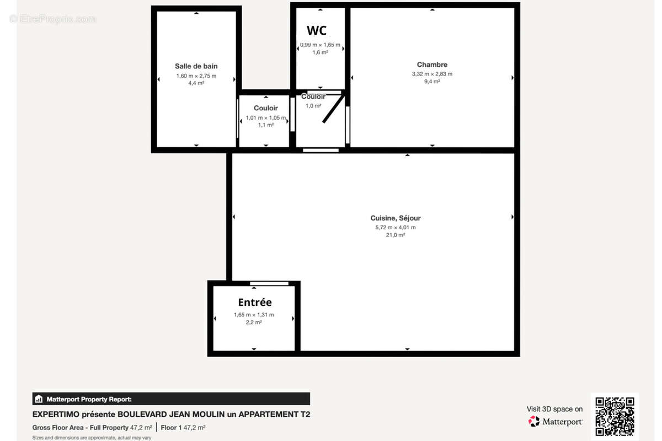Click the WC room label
click(x=317, y=30)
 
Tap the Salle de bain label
click(x=196, y=66)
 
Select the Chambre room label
click(x=432, y=64)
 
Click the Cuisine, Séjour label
click(x=395, y=218)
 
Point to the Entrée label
click(x=255, y=302)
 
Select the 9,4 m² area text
click(x=432, y=82)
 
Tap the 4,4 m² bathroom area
click(x=196, y=83)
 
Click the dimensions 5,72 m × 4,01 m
click(x=395, y=227)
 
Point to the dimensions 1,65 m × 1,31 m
click(x=254, y=315)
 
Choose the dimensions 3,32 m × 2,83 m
click(x=432, y=74)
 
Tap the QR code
click(x=615, y=416)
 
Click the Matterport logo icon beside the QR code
click(x=533, y=422)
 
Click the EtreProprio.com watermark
click(x=53, y=19)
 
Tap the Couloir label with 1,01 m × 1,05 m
click(x=266, y=108)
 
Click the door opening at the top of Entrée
click(x=269, y=283)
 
